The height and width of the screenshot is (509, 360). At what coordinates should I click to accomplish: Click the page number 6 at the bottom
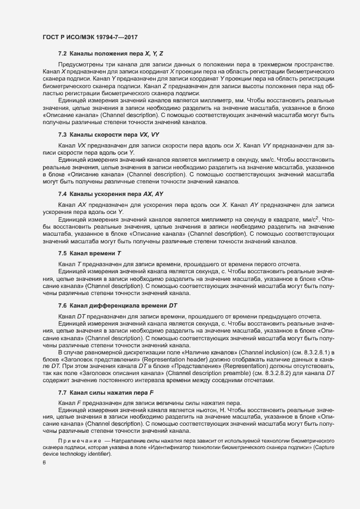43,463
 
